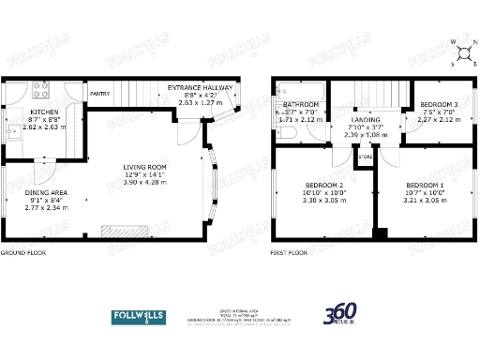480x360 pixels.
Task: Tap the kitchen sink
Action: (14, 129)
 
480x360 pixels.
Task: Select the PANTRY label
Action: (99, 94)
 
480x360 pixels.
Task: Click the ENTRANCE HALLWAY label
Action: (199, 87)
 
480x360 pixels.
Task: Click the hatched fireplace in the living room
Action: (124, 232)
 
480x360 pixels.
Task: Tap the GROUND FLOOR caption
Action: (23, 252)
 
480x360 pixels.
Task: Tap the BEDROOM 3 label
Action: (439, 104)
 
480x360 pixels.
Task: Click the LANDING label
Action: (366, 120)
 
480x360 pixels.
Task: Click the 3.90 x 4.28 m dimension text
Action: (143, 183)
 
